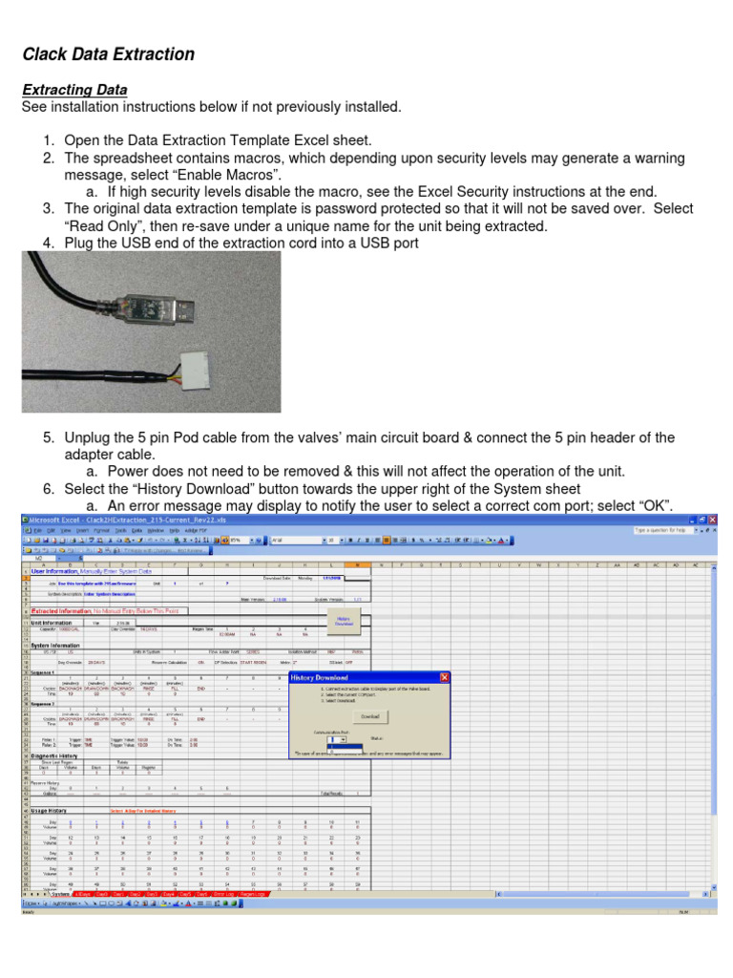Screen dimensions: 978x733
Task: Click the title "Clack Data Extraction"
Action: pos(109,54)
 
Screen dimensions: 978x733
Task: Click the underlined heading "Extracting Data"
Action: pos(74,90)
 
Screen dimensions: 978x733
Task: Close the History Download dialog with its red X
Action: pos(444,677)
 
